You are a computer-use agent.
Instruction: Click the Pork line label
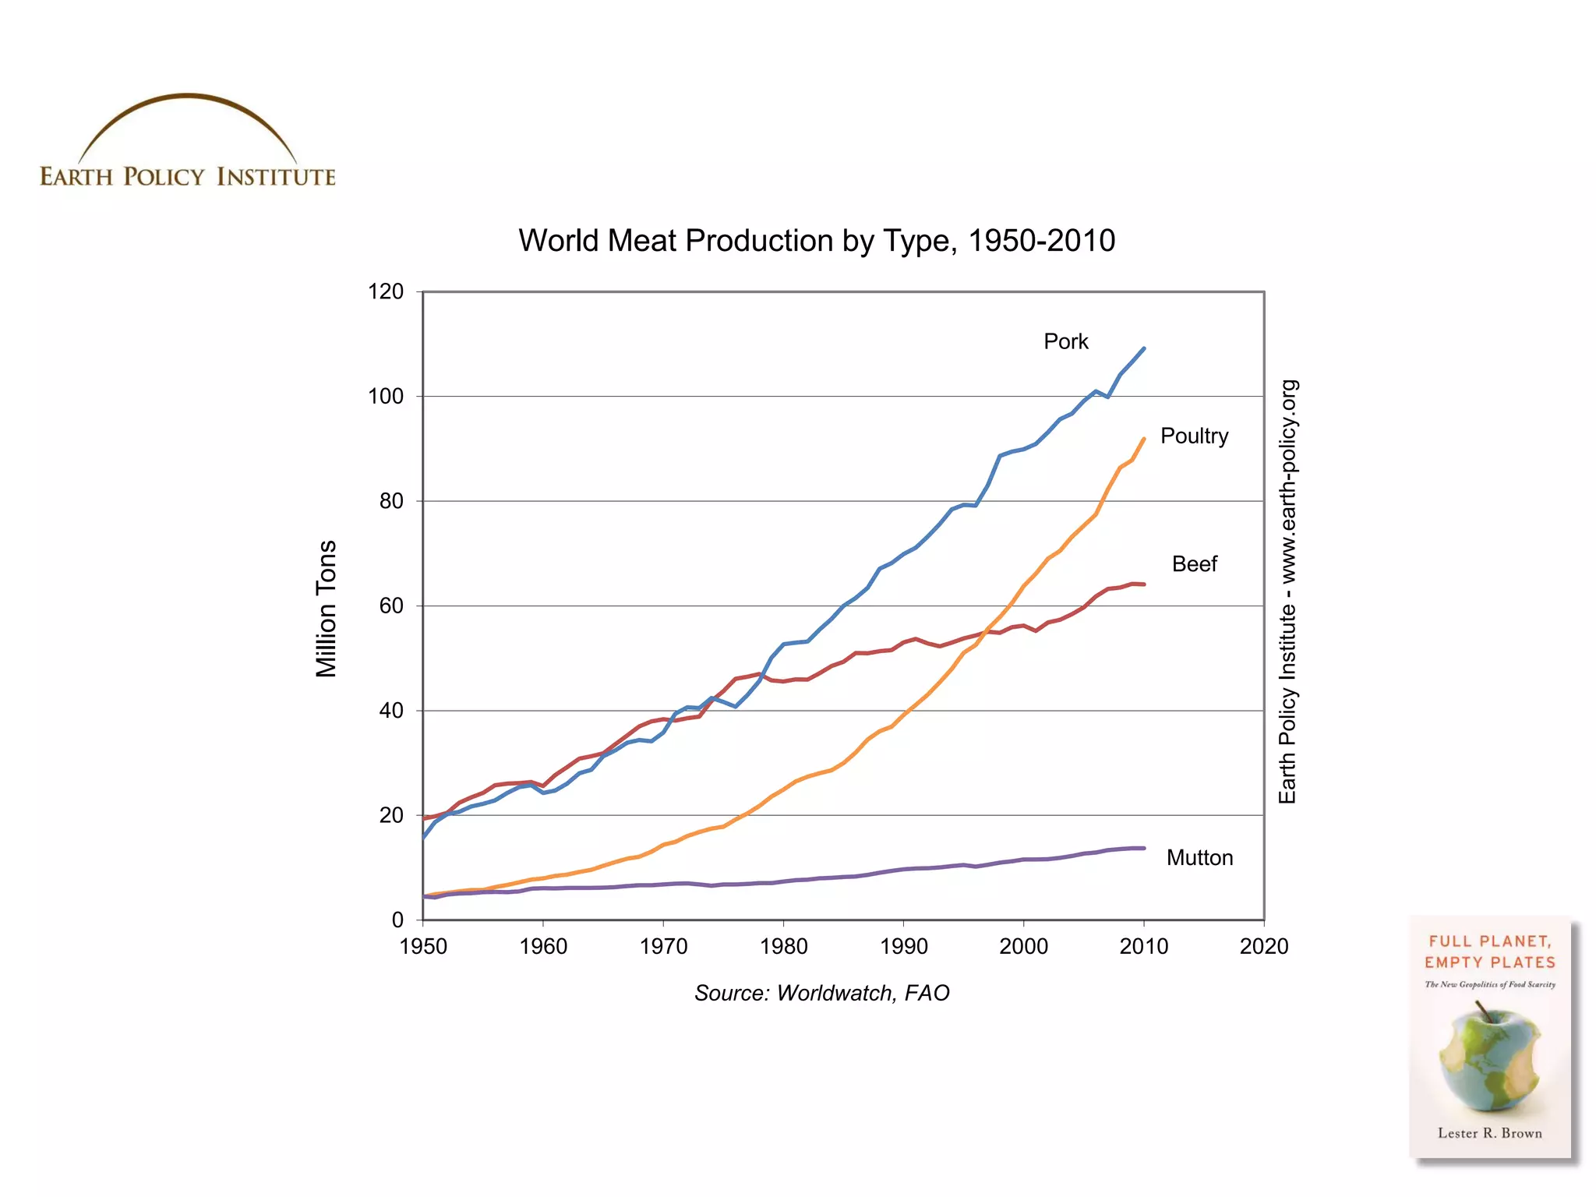(1065, 341)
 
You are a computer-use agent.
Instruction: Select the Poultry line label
(1194, 436)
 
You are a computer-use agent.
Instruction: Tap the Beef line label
(1194, 563)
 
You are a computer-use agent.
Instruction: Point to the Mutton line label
(1199, 857)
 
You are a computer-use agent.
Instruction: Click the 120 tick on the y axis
(386, 291)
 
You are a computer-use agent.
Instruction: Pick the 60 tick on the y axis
(391, 606)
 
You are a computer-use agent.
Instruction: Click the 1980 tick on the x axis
(783, 946)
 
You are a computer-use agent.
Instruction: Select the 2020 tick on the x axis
(1263, 946)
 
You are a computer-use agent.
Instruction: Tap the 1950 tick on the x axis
(423, 946)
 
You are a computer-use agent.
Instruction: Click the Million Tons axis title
(326, 608)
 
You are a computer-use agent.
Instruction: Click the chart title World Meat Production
(817, 240)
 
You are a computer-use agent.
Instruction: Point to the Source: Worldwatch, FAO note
(821, 993)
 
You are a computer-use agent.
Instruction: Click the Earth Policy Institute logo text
(188, 177)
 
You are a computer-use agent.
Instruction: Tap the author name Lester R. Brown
(1489, 1133)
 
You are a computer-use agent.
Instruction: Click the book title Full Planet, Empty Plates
(1489, 952)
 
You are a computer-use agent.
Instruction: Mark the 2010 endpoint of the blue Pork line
(1143, 349)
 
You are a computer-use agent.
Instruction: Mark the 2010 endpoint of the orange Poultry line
(1143, 440)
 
